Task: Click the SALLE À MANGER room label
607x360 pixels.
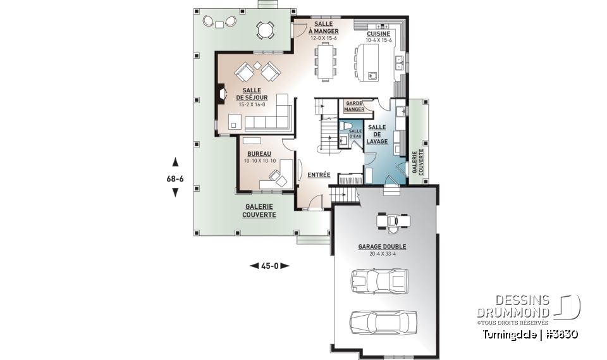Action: coord(324,28)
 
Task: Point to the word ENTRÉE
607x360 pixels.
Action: coord(318,175)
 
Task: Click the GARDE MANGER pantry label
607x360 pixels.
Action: coord(354,106)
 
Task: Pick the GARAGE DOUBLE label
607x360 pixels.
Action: coord(382,247)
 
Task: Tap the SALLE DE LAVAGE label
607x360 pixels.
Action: coord(377,134)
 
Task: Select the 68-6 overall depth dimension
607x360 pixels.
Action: coord(175,178)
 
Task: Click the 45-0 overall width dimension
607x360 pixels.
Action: coord(270,266)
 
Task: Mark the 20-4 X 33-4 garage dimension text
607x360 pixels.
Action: coord(382,254)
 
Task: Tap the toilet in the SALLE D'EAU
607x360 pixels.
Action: coord(345,125)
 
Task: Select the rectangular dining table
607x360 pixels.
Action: coord(326,62)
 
